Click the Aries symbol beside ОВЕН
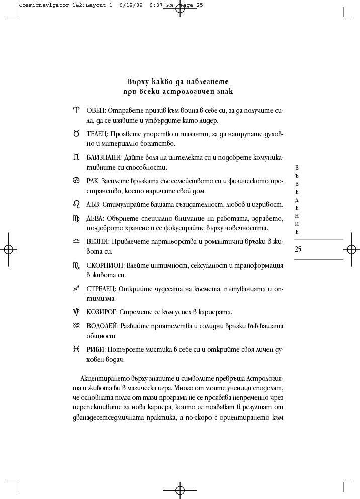click(x=76, y=110)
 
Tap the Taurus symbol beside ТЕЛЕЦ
click(x=76, y=134)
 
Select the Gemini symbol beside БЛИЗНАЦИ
click(x=76, y=157)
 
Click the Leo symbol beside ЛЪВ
click(x=76, y=204)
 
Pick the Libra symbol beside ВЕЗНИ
click(x=76, y=241)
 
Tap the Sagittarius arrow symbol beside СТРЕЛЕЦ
click(x=76, y=289)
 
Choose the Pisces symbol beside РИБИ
click(x=76, y=349)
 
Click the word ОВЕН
click(x=96, y=110)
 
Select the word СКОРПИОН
click(x=102, y=265)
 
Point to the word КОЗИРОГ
click(x=99, y=312)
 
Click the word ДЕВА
click(x=96, y=218)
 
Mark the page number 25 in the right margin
click(x=298, y=249)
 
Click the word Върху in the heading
click(x=138, y=81)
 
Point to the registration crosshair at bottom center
click(x=179, y=490)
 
